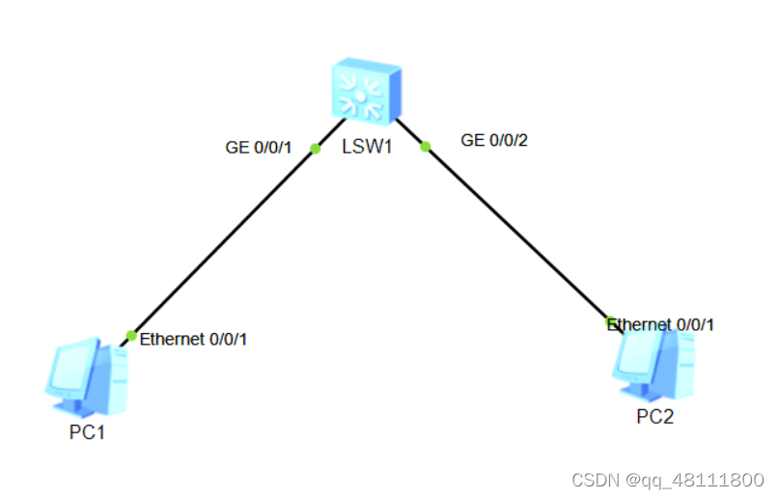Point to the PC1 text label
86,432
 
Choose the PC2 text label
654,416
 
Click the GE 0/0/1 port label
258,148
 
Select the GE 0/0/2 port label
494,140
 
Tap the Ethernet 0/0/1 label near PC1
193,340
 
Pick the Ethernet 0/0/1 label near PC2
662,324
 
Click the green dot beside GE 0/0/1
315,149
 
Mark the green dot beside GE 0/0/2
425,147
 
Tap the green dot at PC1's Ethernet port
131,336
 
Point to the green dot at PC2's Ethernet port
610,321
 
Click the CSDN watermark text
667,480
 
